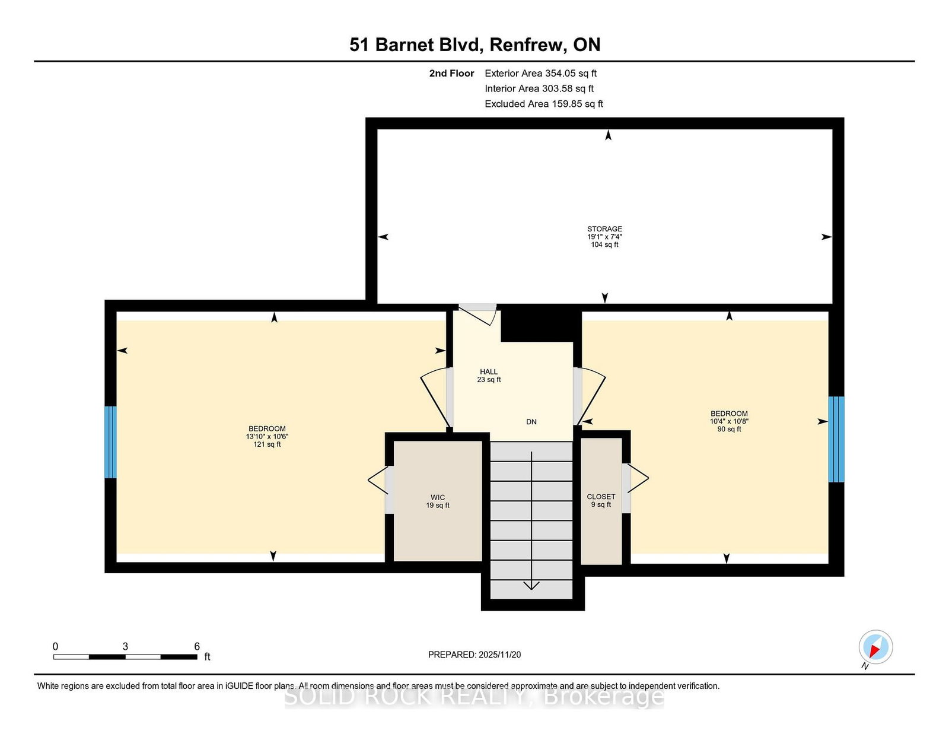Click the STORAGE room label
pyautogui.click(x=604, y=228)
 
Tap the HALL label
pyautogui.click(x=489, y=372)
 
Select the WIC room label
pyautogui.click(x=438, y=497)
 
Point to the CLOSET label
pyautogui.click(x=601, y=496)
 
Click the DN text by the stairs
pyautogui.click(x=531, y=422)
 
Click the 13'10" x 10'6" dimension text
pyautogui.click(x=267, y=437)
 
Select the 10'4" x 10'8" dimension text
pyautogui.click(x=729, y=421)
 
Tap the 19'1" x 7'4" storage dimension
pyautogui.click(x=604, y=236)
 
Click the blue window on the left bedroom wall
pyautogui.click(x=110, y=442)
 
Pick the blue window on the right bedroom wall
pyautogui.click(x=836, y=439)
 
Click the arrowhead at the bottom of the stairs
pyautogui.click(x=531, y=585)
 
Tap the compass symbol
pyautogui.click(x=875, y=647)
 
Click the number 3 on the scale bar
pyautogui.click(x=125, y=647)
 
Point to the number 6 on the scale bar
pyautogui.click(x=197, y=647)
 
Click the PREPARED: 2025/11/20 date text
pyautogui.click(x=474, y=654)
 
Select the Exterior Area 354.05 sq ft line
pyautogui.click(x=541, y=74)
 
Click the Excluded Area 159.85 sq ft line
pyautogui.click(x=544, y=104)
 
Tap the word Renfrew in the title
pyautogui.click(x=528, y=45)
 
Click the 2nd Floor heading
pyautogui.click(x=451, y=74)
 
